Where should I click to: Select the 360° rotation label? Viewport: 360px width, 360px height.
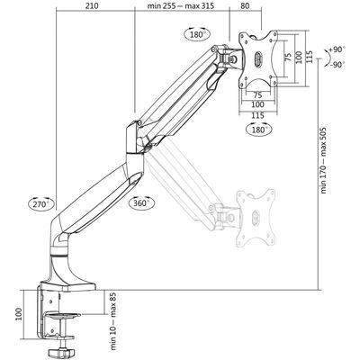(x=139, y=202)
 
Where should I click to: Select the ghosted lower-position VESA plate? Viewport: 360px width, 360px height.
(x=253, y=216)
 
